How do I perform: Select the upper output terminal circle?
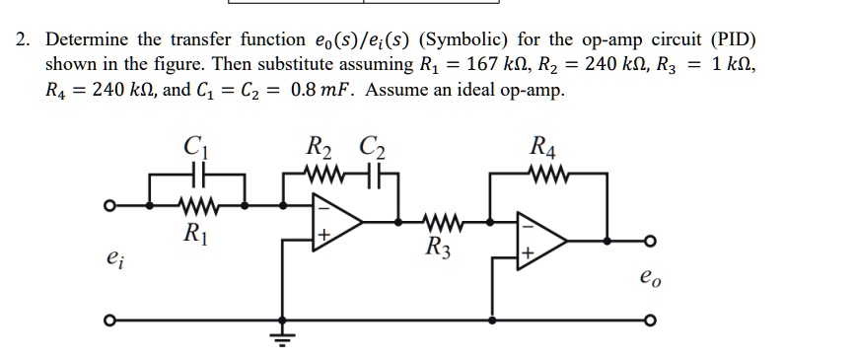pyautogui.click(x=649, y=241)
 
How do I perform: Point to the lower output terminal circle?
pyautogui.click(x=649, y=321)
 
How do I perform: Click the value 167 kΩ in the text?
pyautogui.click(x=495, y=65)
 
